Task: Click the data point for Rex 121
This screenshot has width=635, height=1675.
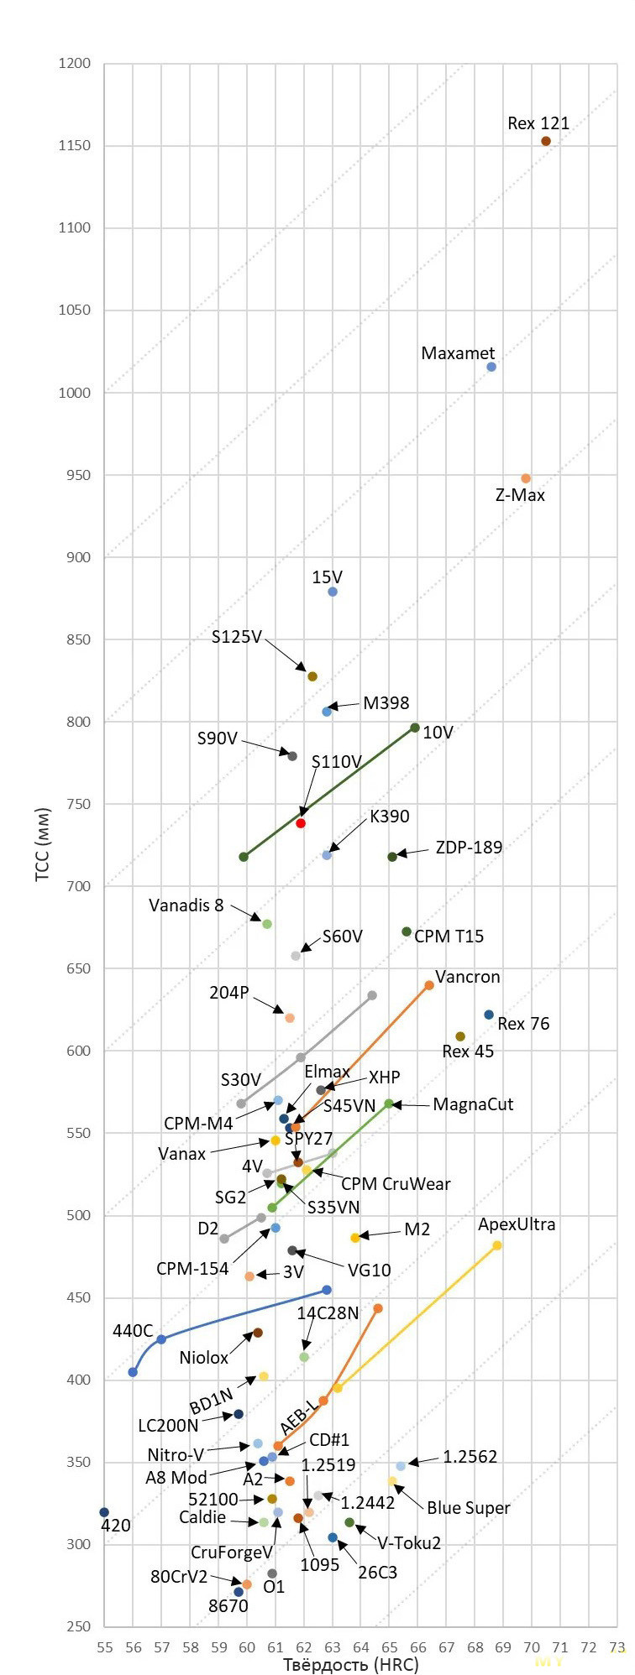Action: pyautogui.click(x=546, y=141)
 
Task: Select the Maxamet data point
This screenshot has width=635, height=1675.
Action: pyautogui.click(x=491, y=367)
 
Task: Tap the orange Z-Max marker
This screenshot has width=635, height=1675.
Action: pyautogui.click(x=526, y=478)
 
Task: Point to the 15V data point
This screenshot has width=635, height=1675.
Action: pyautogui.click(x=333, y=592)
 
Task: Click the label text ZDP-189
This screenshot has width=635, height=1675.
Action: pyautogui.click(x=469, y=848)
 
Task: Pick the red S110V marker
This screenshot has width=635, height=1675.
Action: pyautogui.click(x=301, y=823)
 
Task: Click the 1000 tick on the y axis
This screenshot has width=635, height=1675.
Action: pyautogui.click(x=75, y=393)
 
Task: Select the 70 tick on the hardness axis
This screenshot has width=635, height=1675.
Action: pyautogui.click(x=533, y=1647)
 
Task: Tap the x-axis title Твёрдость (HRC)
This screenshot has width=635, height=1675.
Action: pyautogui.click(x=350, y=1664)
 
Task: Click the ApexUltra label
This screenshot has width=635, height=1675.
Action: pyautogui.click(x=517, y=1224)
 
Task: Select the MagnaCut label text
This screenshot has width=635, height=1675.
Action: pyautogui.click(x=473, y=1104)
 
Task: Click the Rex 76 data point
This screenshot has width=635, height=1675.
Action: pyautogui.click(x=489, y=1015)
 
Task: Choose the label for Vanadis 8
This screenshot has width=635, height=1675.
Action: pyautogui.click(x=186, y=905)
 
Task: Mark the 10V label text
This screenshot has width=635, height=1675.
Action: pyautogui.click(x=438, y=733)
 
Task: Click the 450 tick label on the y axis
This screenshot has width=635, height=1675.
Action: pyautogui.click(x=75, y=1297)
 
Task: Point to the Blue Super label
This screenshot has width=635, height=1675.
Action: pyautogui.click(x=468, y=1508)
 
